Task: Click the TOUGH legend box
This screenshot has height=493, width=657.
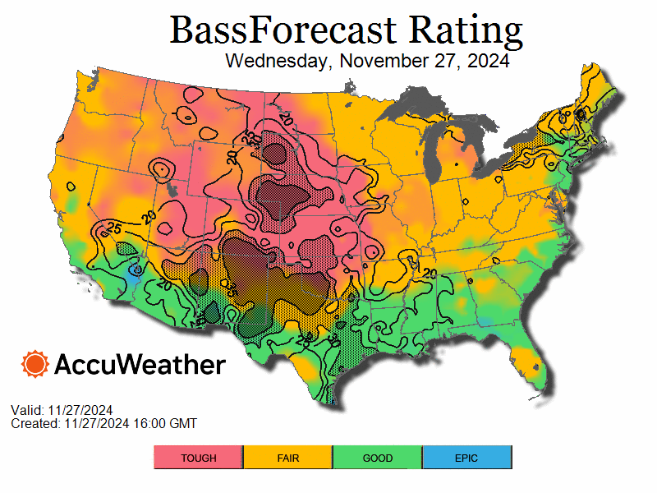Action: [x=198, y=458]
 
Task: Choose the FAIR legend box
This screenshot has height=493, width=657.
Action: [x=287, y=458]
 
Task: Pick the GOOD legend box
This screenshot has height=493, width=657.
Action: [x=377, y=458]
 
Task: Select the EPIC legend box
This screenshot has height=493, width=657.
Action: [x=466, y=458]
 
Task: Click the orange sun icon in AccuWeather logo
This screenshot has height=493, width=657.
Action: [x=35, y=363]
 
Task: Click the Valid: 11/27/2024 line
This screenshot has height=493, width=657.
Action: [x=62, y=410]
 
